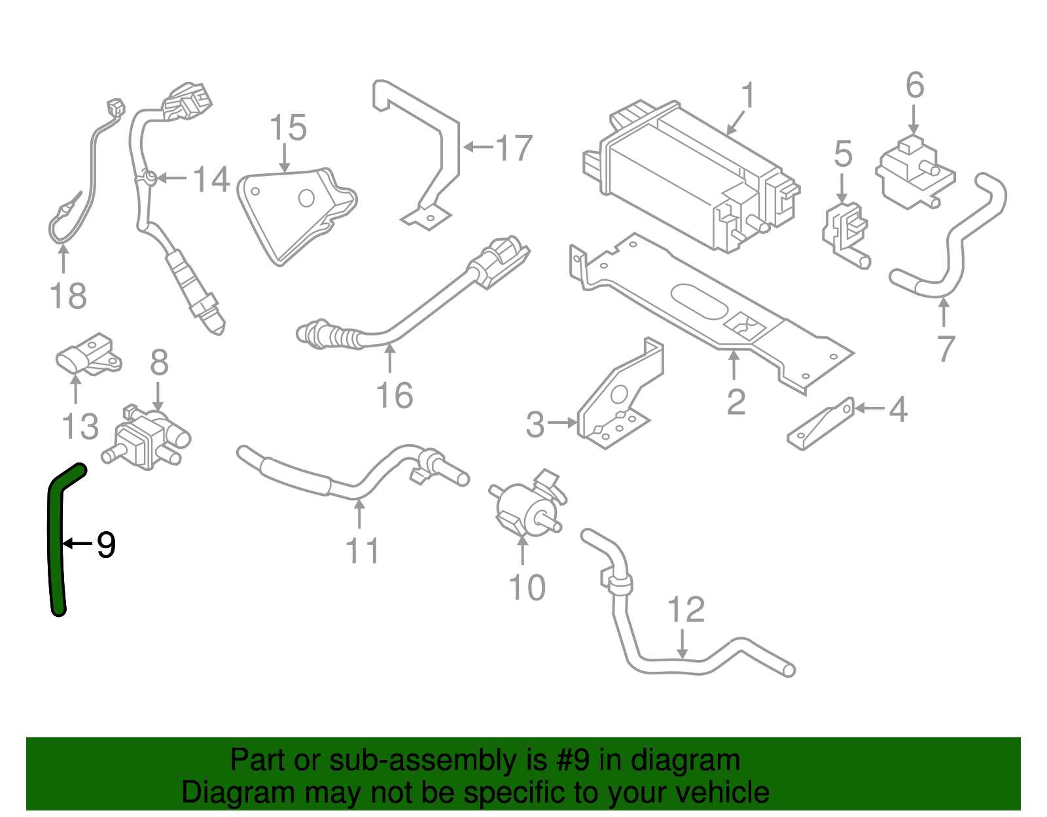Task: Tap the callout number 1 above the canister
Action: [748, 96]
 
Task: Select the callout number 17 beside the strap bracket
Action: [514, 148]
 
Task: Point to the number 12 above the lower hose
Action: [686, 610]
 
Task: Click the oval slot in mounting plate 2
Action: [699, 302]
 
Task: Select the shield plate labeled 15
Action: [294, 213]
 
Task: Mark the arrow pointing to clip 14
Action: [171, 178]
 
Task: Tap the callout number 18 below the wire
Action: [68, 296]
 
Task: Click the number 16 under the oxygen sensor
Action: [394, 395]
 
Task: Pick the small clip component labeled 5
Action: [844, 229]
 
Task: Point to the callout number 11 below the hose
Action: [362, 551]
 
